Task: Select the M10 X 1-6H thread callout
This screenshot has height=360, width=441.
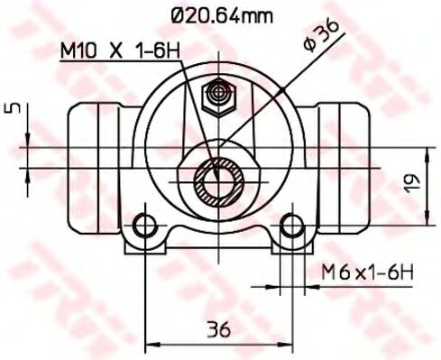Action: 119,51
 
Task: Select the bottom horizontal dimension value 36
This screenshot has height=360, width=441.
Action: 217,329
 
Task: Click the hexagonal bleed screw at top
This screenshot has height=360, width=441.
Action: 216,95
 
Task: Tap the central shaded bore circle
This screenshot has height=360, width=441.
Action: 216,177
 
